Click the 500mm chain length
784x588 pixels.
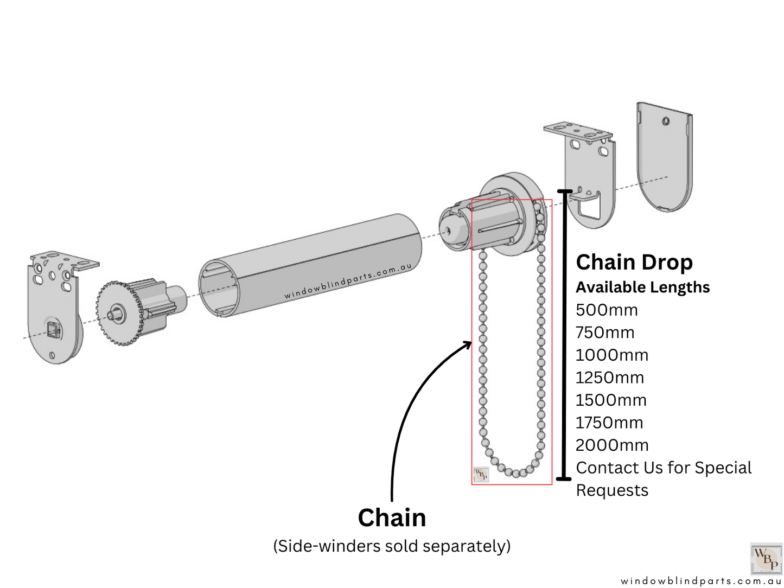pyautogui.click(x=606, y=310)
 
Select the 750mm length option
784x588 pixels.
pyautogui.click(x=604, y=333)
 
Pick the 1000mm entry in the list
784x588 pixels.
pyautogui.click(x=611, y=355)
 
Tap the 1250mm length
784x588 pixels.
pyautogui.click(x=609, y=378)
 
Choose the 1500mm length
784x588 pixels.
pyautogui.click(x=610, y=400)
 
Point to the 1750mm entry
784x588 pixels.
pyautogui.click(x=609, y=423)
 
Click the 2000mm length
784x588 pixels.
pyautogui.click(x=611, y=445)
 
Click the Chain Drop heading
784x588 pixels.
pyautogui.click(x=634, y=262)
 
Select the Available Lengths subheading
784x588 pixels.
pyautogui.click(x=642, y=287)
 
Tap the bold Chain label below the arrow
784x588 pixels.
pyautogui.click(x=392, y=517)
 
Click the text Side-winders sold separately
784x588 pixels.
pyautogui.click(x=392, y=546)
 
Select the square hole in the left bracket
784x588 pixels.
pyautogui.click(x=53, y=328)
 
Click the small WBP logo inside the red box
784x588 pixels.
pyautogui.click(x=481, y=475)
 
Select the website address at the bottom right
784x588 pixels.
pyautogui.click(x=700, y=581)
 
